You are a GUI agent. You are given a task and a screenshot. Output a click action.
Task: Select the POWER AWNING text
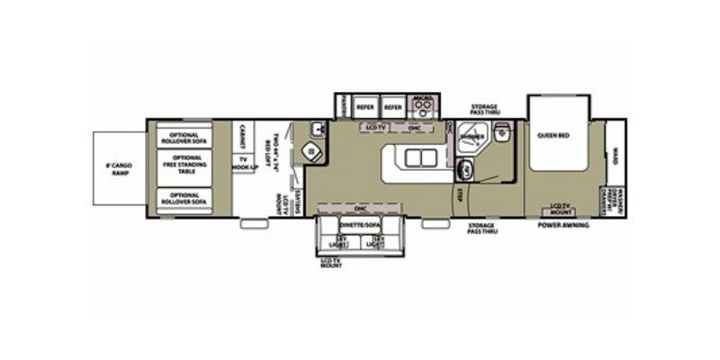pyautogui.click(x=563, y=224)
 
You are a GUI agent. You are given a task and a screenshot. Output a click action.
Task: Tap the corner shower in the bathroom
pyautogui.click(x=471, y=137)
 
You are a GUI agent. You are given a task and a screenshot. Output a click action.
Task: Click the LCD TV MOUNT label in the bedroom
pyautogui.click(x=562, y=209)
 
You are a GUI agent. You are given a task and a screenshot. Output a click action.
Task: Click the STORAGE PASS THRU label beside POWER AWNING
pyautogui.click(x=484, y=229)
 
